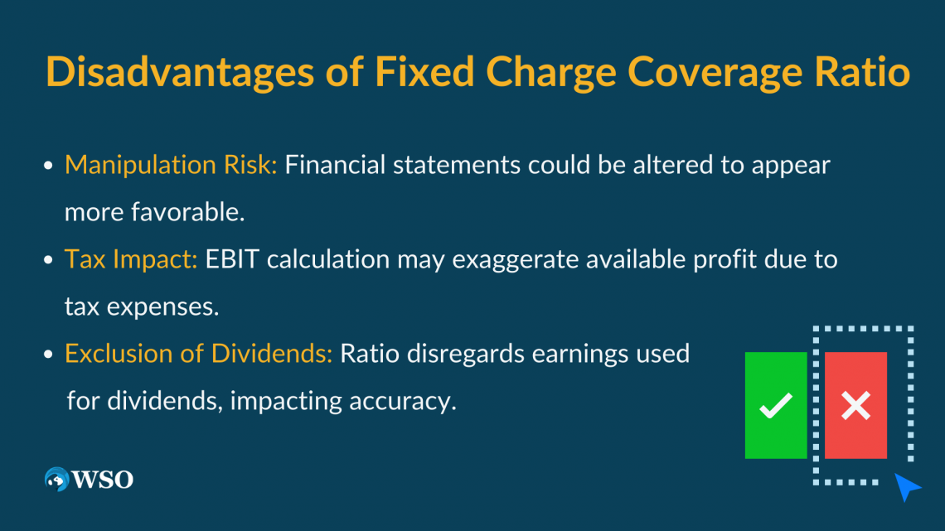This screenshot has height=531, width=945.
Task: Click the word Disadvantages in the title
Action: (180, 71)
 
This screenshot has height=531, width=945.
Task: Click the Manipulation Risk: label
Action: (171, 165)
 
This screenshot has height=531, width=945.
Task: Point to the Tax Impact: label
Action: (131, 259)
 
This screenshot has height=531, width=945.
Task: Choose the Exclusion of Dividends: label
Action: (198, 354)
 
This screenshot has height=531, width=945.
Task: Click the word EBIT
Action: (232, 259)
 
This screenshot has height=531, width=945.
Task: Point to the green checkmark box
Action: (776, 405)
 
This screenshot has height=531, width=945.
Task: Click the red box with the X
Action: (855, 405)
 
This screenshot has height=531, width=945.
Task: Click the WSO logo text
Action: (103, 480)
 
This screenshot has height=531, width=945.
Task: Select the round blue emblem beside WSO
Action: (57, 479)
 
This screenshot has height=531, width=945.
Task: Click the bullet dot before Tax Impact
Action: (48, 260)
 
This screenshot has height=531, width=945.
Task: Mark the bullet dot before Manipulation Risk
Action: (48, 166)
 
